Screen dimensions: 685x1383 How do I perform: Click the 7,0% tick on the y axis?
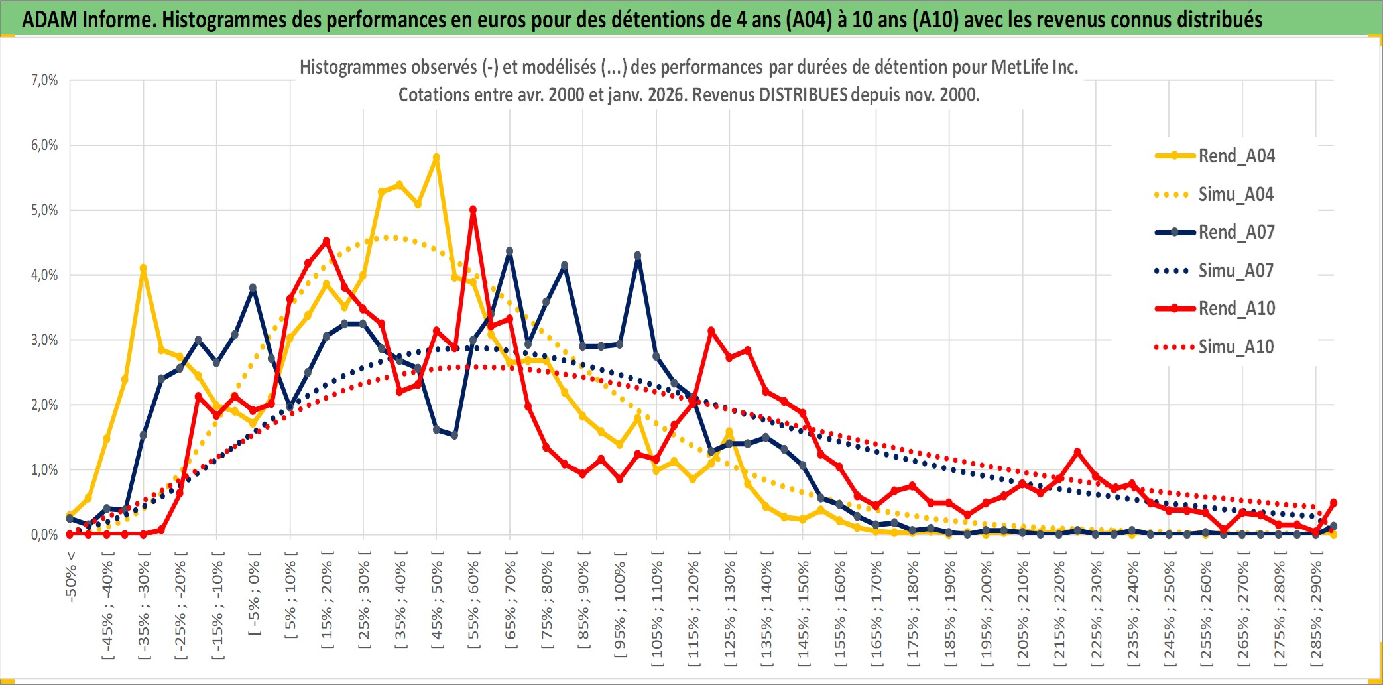[x=44, y=80]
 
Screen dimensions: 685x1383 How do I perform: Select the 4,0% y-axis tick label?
[x=44, y=275]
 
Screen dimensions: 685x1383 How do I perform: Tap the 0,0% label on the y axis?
[x=44, y=534]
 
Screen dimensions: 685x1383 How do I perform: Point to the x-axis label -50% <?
[x=71, y=577]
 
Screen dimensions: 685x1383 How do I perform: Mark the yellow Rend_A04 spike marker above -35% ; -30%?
[x=143, y=269]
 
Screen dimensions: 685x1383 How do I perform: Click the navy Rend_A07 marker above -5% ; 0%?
[x=253, y=288]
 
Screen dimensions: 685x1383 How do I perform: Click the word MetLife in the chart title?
[x=1018, y=67]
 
